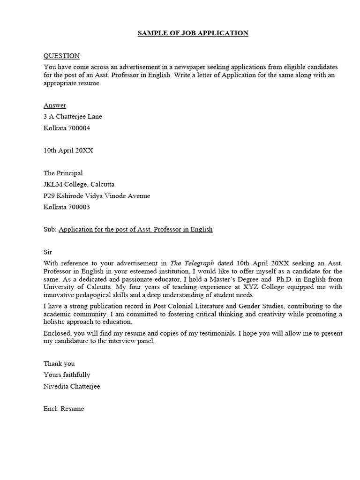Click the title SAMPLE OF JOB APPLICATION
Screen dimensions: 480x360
tap(193, 33)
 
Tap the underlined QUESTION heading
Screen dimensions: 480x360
tap(61, 56)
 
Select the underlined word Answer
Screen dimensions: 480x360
tap(55, 105)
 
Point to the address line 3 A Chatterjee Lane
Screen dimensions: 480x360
tap(73, 117)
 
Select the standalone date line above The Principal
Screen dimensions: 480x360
tap(68, 150)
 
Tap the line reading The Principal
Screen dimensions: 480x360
tap(63, 173)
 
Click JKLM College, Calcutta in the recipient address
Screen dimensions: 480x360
tap(79, 185)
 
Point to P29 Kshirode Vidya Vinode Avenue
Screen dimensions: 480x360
tap(97, 196)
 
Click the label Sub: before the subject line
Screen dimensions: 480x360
tap(50, 230)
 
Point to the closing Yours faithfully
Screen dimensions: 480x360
tap(67, 375)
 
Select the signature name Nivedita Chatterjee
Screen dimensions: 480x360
tap(72, 386)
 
